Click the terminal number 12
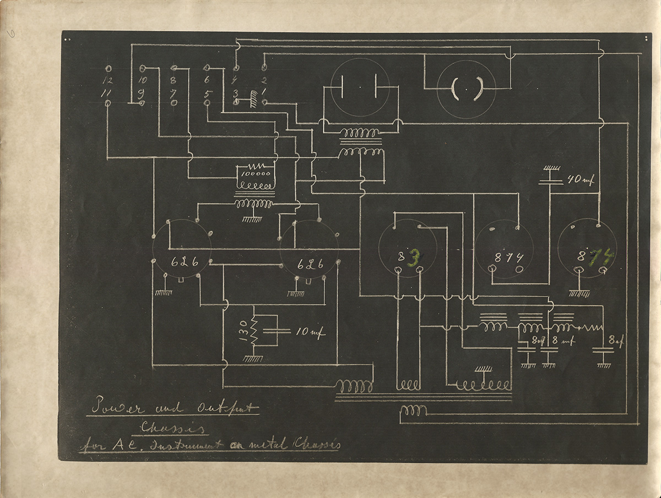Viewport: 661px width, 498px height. [108, 80]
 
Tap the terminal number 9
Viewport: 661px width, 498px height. [141, 92]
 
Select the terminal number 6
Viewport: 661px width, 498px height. [207, 80]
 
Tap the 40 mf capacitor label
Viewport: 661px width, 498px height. [579, 180]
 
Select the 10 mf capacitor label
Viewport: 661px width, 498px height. [310, 333]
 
